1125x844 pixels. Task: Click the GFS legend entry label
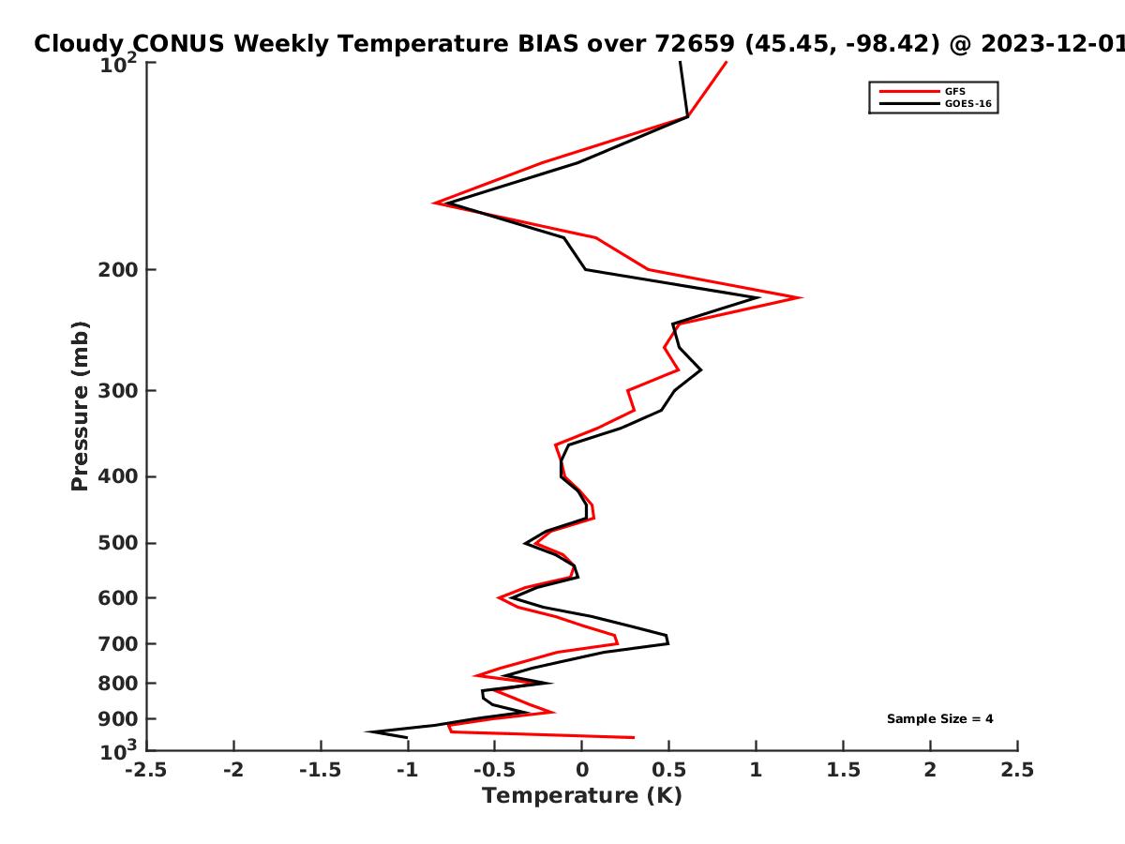[954, 92]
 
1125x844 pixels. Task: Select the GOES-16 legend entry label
[967, 103]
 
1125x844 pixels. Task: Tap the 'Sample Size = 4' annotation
[939, 719]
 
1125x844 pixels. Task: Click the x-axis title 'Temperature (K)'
[582, 796]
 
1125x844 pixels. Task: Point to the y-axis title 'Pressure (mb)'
[80, 406]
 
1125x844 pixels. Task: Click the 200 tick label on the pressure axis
[118, 269]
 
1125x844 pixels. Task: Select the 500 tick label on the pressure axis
[118, 543]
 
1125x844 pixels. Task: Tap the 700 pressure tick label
[118, 643]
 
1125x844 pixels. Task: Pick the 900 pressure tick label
[118, 719]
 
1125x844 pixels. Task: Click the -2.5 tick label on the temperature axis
[146, 770]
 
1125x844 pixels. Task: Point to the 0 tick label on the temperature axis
[582, 770]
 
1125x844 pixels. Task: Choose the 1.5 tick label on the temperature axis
[843, 770]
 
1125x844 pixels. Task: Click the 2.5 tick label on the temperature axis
[1017, 770]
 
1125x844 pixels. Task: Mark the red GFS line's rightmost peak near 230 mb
[800, 297]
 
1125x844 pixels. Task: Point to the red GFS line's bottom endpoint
[634, 737]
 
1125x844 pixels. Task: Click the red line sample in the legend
[909, 92]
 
